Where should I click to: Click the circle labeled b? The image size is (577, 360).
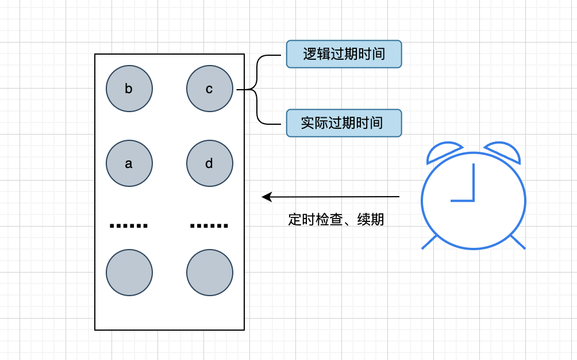point(129,89)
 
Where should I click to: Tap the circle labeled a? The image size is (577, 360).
point(129,163)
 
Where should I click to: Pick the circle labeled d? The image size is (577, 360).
point(210,163)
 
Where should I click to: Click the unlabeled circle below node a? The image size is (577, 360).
point(129,273)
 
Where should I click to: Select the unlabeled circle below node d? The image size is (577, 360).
point(210,273)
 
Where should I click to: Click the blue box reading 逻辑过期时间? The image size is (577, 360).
point(344,55)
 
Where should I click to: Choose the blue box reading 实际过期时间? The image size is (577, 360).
point(344,123)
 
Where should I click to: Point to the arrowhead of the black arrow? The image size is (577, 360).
point(266,197)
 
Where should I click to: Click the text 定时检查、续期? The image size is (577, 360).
point(336,220)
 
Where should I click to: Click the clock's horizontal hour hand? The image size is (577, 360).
point(461,201)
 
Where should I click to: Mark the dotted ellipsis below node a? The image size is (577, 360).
point(129,225)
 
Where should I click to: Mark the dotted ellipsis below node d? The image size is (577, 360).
point(209,225)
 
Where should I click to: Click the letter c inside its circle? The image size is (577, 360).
point(209,89)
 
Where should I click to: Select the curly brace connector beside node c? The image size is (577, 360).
point(257,89)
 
